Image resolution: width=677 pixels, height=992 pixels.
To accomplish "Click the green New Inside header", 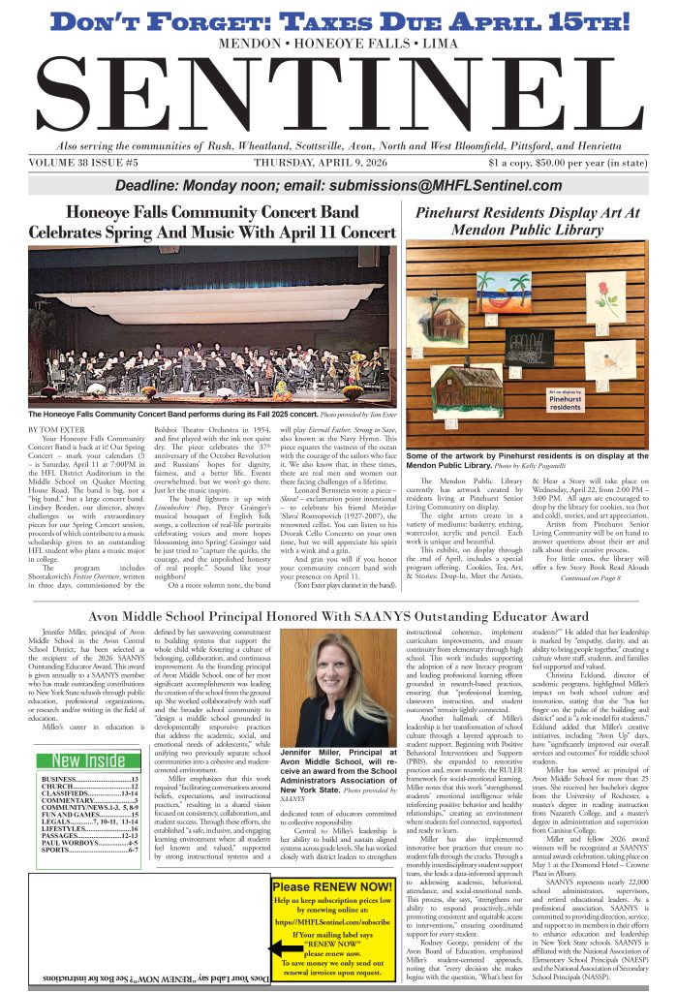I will coord(87,760).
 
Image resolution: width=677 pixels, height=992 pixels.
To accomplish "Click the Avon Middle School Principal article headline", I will coord(338,615).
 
